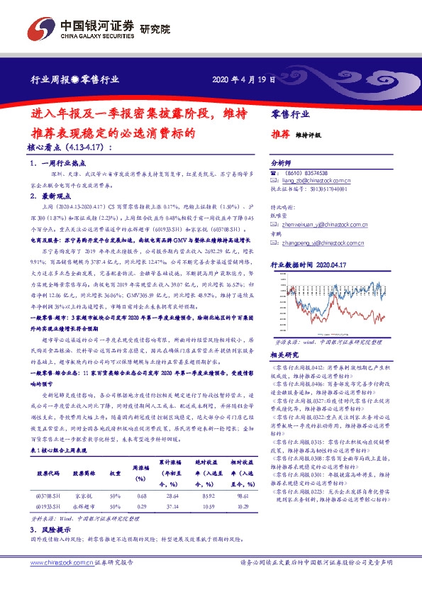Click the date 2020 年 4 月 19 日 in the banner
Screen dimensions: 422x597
243,80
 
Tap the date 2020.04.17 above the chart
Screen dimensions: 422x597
330,263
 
